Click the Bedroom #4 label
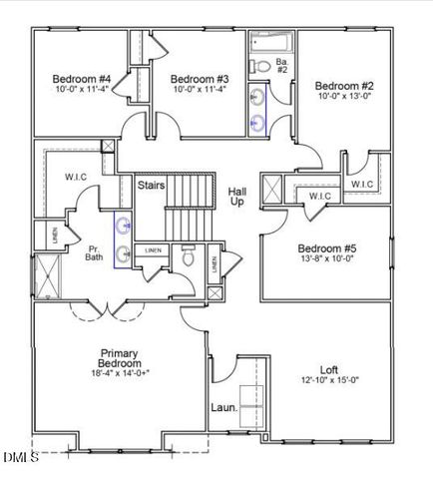81,79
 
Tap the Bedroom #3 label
200,79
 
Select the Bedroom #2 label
344,86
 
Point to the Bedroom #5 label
326,248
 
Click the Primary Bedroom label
119,357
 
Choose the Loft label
328,368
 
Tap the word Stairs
152,186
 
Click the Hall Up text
236,196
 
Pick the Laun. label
222,407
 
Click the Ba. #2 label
281,67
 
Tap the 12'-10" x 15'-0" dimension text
328,379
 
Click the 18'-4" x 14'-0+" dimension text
119,373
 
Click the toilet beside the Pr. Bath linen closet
188,256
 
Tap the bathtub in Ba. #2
269,42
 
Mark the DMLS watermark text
20,458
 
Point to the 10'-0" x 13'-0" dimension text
344,97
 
